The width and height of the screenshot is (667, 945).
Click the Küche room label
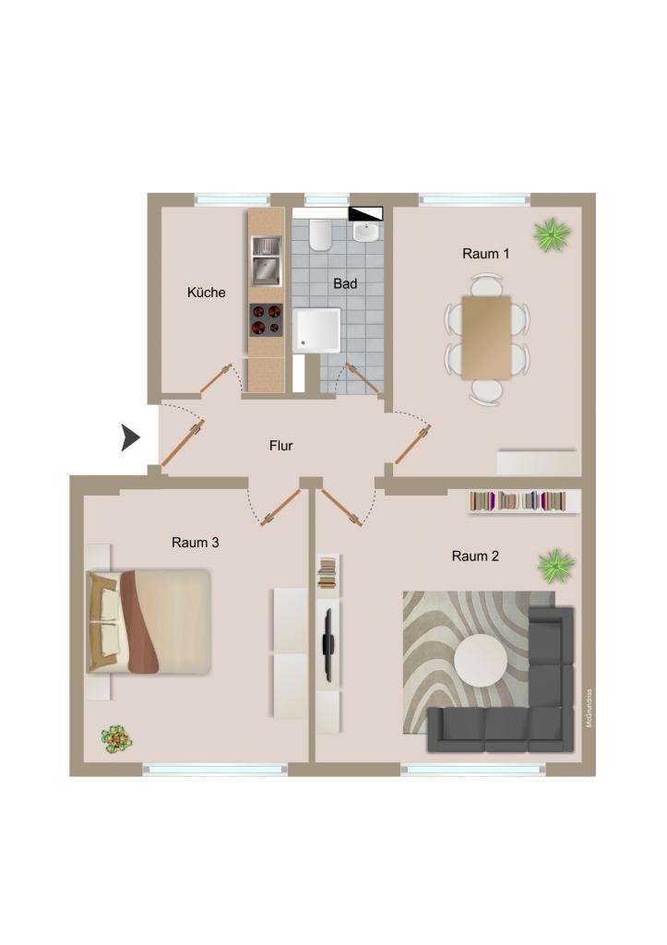[x=206, y=293]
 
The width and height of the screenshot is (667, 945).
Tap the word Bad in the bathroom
[x=345, y=283]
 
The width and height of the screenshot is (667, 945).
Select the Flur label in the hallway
[x=280, y=446]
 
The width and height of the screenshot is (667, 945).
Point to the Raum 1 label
[x=485, y=254]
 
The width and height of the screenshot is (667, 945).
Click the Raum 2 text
[x=475, y=556]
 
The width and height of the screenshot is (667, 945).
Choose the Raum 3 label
[x=195, y=543]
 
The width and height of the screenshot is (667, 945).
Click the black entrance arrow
[x=131, y=437]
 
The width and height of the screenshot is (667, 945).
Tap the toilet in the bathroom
[x=320, y=236]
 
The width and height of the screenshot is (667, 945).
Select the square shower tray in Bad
[x=316, y=330]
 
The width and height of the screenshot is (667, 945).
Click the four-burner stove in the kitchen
[x=266, y=320]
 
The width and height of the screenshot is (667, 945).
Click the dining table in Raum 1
[x=486, y=336]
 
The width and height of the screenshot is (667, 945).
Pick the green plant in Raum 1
[x=552, y=233]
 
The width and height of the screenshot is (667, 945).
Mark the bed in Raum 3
[x=149, y=620]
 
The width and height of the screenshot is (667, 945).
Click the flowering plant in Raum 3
[x=115, y=737]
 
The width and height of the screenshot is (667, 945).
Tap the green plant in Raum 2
[x=555, y=564]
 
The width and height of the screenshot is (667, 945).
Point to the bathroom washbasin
[x=367, y=231]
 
